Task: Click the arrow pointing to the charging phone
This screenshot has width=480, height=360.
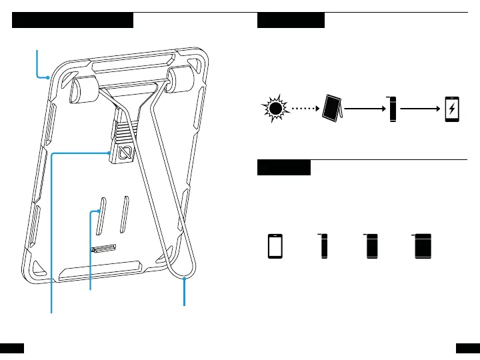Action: (421, 107)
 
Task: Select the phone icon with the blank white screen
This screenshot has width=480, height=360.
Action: (275, 247)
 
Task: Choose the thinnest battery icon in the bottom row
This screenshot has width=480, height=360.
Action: (324, 246)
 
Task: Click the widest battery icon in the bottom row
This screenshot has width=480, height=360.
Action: (422, 246)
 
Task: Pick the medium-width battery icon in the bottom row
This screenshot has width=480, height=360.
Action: (371, 246)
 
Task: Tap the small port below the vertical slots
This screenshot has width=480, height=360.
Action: (103, 249)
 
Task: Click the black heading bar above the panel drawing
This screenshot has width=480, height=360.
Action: (73, 20)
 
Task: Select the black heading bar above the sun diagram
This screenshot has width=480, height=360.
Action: (291, 20)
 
